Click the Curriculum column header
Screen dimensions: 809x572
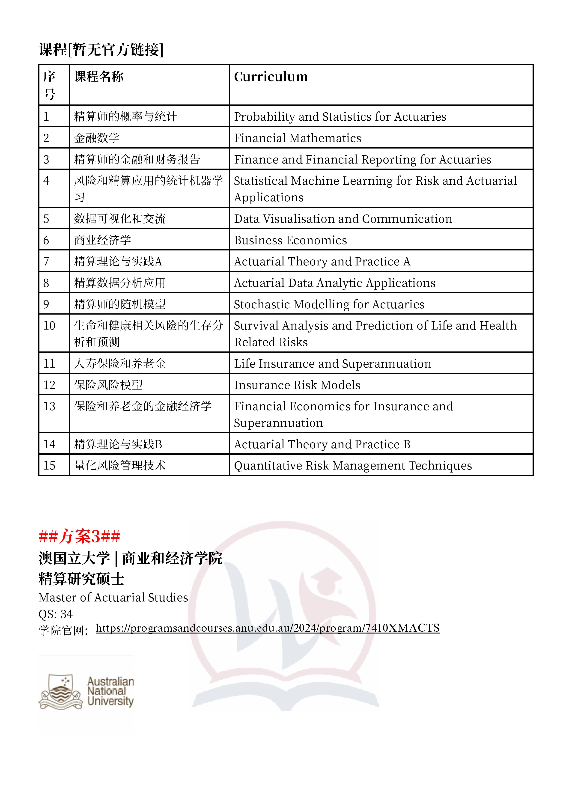(271, 77)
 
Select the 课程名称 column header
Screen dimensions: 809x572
(99, 77)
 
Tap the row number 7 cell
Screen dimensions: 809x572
(46, 262)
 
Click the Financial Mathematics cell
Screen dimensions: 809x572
(298, 138)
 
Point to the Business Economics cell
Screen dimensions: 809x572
(290, 240)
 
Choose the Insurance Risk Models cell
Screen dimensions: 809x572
(297, 385)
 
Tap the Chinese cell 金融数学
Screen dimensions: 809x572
(97, 138)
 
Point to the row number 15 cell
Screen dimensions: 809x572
(49, 466)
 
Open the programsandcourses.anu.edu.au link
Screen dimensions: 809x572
(268, 628)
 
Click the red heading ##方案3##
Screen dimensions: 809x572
(80, 537)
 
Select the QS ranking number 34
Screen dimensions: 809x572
(66, 614)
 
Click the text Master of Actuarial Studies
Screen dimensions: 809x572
(113, 598)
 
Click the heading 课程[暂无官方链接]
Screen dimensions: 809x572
(101, 50)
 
